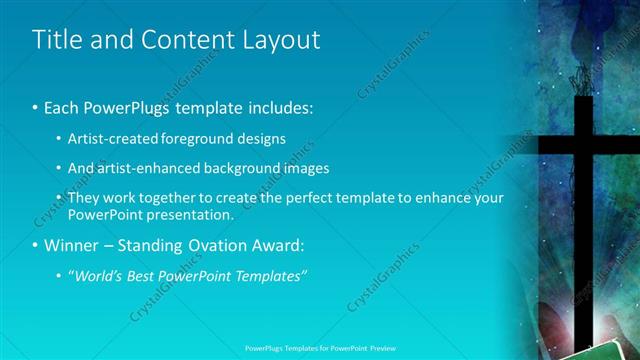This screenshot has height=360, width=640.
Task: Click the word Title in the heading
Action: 56,40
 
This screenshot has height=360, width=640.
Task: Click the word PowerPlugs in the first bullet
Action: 123,106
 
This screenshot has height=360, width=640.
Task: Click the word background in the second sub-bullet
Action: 244,168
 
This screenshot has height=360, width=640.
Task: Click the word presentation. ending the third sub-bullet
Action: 191,214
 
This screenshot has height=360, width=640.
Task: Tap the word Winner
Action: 72,245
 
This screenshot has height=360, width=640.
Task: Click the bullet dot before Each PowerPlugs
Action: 36,107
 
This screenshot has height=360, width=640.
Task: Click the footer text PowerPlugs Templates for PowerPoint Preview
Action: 319,350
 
